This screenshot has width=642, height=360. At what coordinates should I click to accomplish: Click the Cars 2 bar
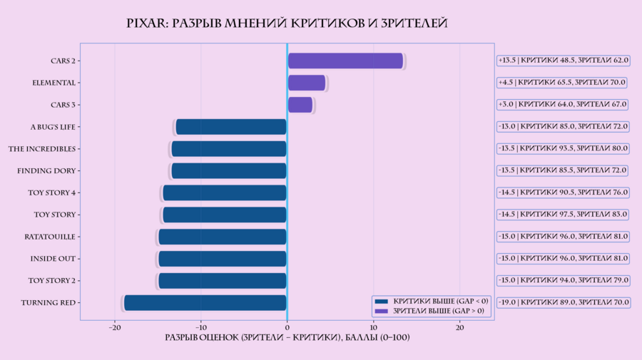point(345,61)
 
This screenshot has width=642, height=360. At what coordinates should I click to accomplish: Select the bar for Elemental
point(306,83)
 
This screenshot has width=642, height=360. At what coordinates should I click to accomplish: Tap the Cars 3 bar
point(300,105)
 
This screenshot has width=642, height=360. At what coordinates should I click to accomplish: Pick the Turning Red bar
point(205,303)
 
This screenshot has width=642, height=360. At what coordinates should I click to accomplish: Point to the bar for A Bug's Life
point(231,127)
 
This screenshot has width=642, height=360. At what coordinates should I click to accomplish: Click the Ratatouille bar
point(223,237)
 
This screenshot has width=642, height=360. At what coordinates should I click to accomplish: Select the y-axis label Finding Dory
point(46,171)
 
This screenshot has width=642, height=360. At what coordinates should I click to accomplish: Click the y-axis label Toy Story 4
point(52,192)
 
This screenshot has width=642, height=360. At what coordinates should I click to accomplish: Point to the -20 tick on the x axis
point(115,328)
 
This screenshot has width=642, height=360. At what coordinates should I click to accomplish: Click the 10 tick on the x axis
point(373,328)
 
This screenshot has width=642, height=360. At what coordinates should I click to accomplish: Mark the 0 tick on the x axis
point(287,328)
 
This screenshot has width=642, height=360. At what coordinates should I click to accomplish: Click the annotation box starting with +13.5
point(563,61)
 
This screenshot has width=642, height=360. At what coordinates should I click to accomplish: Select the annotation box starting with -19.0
point(563,303)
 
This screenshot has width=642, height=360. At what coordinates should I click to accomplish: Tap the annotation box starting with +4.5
point(561,83)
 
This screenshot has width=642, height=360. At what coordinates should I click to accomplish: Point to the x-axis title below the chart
point(287,336)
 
